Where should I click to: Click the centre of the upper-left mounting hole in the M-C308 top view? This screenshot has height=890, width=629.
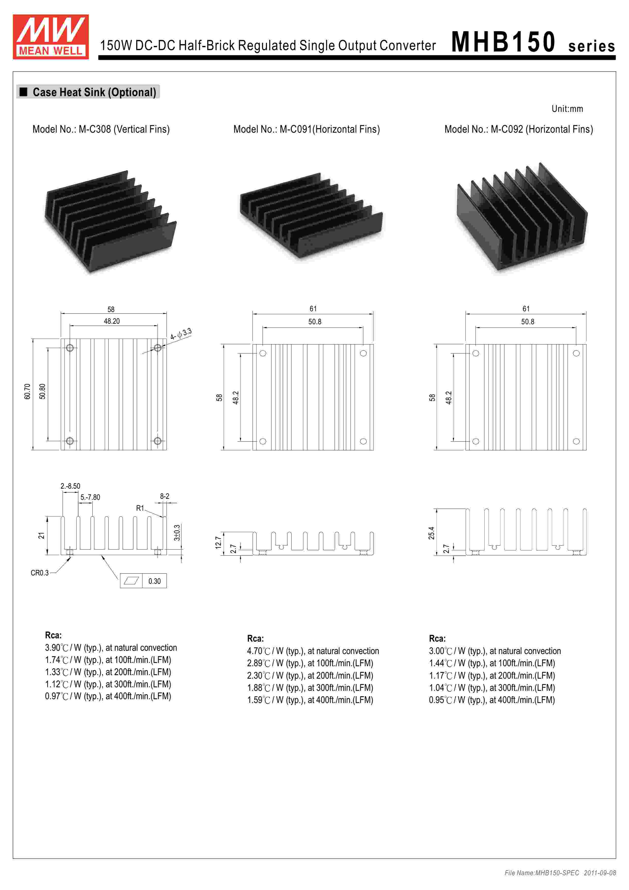pyautogui.click(x=70, y=348)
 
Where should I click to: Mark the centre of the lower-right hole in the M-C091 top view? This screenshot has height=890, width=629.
pyautogui.click(x=363, y=441)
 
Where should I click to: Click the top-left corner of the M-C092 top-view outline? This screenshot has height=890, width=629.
pyautogui.click(x=465, y=344)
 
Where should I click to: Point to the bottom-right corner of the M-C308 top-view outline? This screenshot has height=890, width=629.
pyautogui.click(x=167, y=450)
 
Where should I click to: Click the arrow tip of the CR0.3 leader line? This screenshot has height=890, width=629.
pyautogui.click(x=71, y=557)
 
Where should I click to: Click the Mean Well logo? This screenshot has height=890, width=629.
pyautogui.click(x=51, y=37)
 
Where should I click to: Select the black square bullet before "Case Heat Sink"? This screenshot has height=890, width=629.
pyautogui.click(x=24, y=92)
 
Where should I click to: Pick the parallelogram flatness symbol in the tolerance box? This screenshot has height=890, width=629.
pyautogui.click(x=131, y=581)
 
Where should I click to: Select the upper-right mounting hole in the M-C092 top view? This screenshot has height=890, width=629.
pyautogui.click(x=576, y=353)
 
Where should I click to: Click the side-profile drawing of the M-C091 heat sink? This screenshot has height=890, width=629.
pyautogui.click(x=313, y=543)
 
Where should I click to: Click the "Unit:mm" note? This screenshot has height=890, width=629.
pyautogui.click(x=567, y=109)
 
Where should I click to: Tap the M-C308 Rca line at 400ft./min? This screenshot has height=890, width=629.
pyautogui.click(x=108, y=696)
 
